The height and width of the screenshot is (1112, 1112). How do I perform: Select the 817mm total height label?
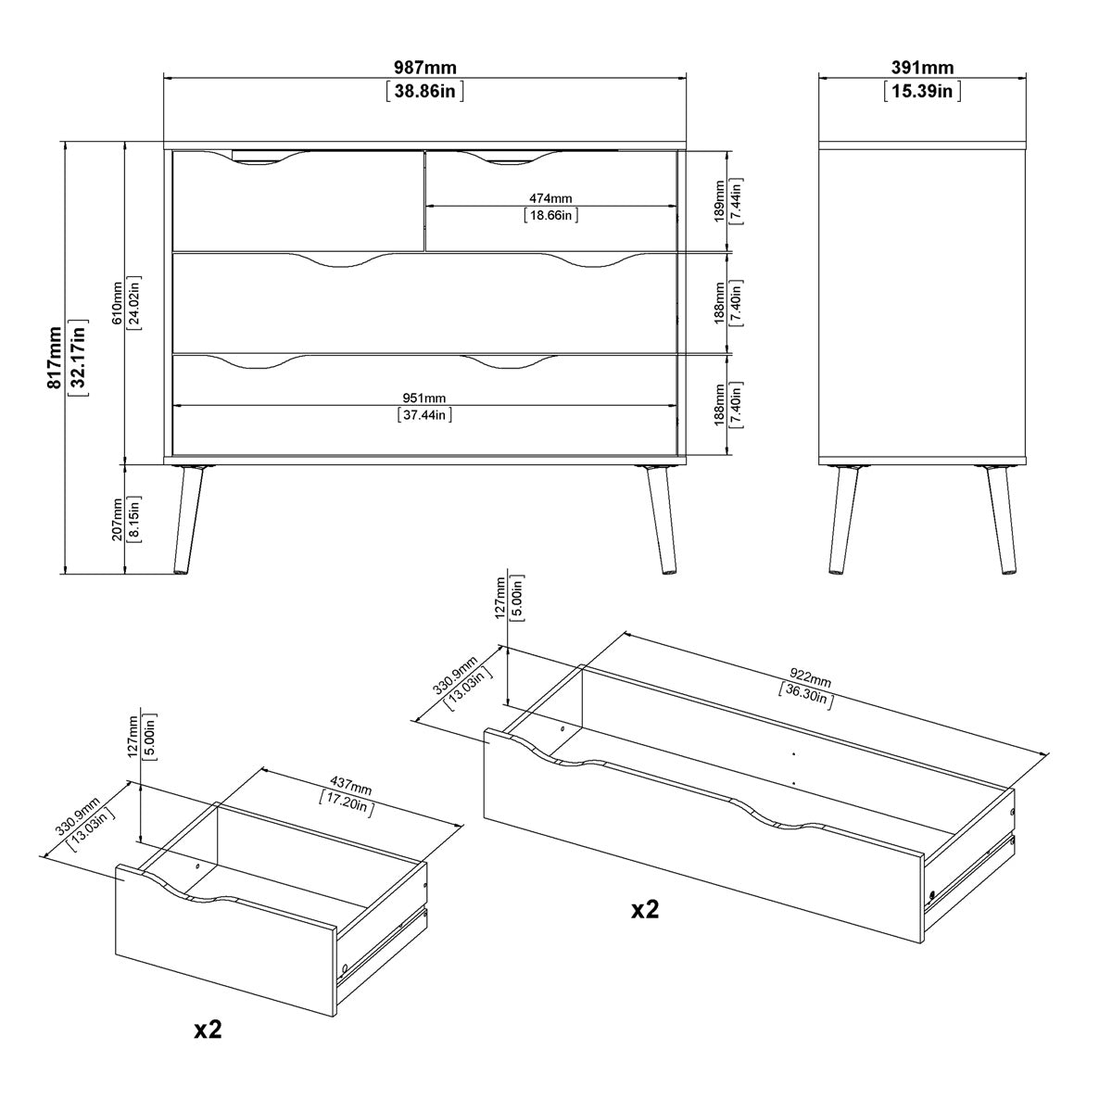tap(57, 357)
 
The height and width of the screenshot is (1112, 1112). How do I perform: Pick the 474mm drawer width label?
tap(550, 198)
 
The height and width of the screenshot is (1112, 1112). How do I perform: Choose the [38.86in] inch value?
tap(425, 91)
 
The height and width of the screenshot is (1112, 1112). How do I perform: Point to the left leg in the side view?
tap(842, 519)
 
